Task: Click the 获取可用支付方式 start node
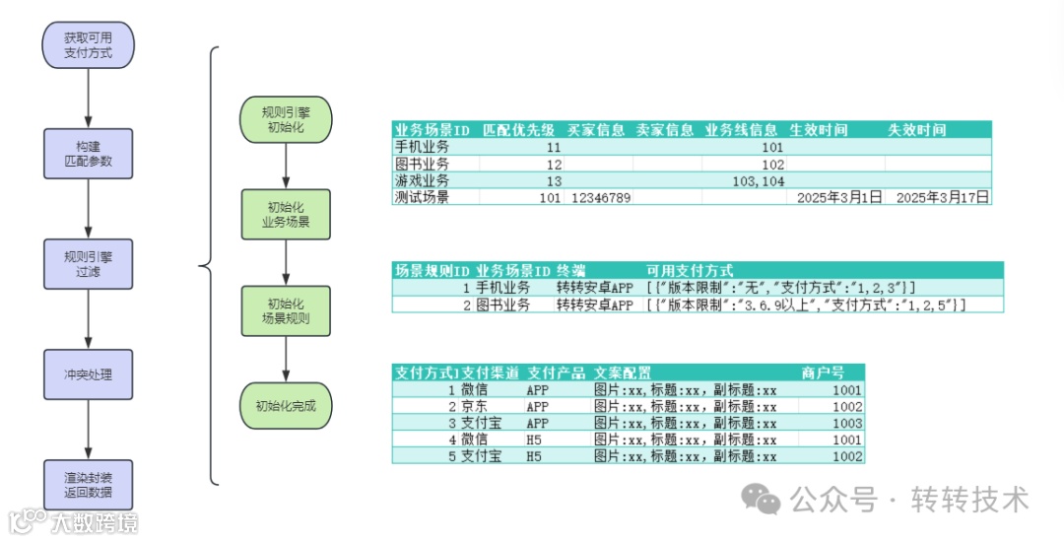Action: point(88,44)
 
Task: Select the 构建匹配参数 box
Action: point(88,153)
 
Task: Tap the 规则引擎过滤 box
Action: point(88,263)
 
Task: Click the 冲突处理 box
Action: point(88,374)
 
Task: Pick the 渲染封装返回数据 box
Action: point(88,484)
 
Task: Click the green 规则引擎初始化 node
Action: point(286,120)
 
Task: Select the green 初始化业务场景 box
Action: point(286,215)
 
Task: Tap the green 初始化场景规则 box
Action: point(286,310)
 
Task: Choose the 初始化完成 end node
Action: point(286,406)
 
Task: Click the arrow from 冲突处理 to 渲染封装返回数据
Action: point(88,429)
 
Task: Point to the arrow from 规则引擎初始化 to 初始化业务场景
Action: point(286,168)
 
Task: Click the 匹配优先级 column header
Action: point(518,130)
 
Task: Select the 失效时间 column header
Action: point(916,130)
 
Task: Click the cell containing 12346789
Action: point(600,197)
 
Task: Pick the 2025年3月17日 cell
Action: point(938,197)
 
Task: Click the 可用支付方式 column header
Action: point(689,270)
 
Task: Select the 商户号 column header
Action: point(823,373)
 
